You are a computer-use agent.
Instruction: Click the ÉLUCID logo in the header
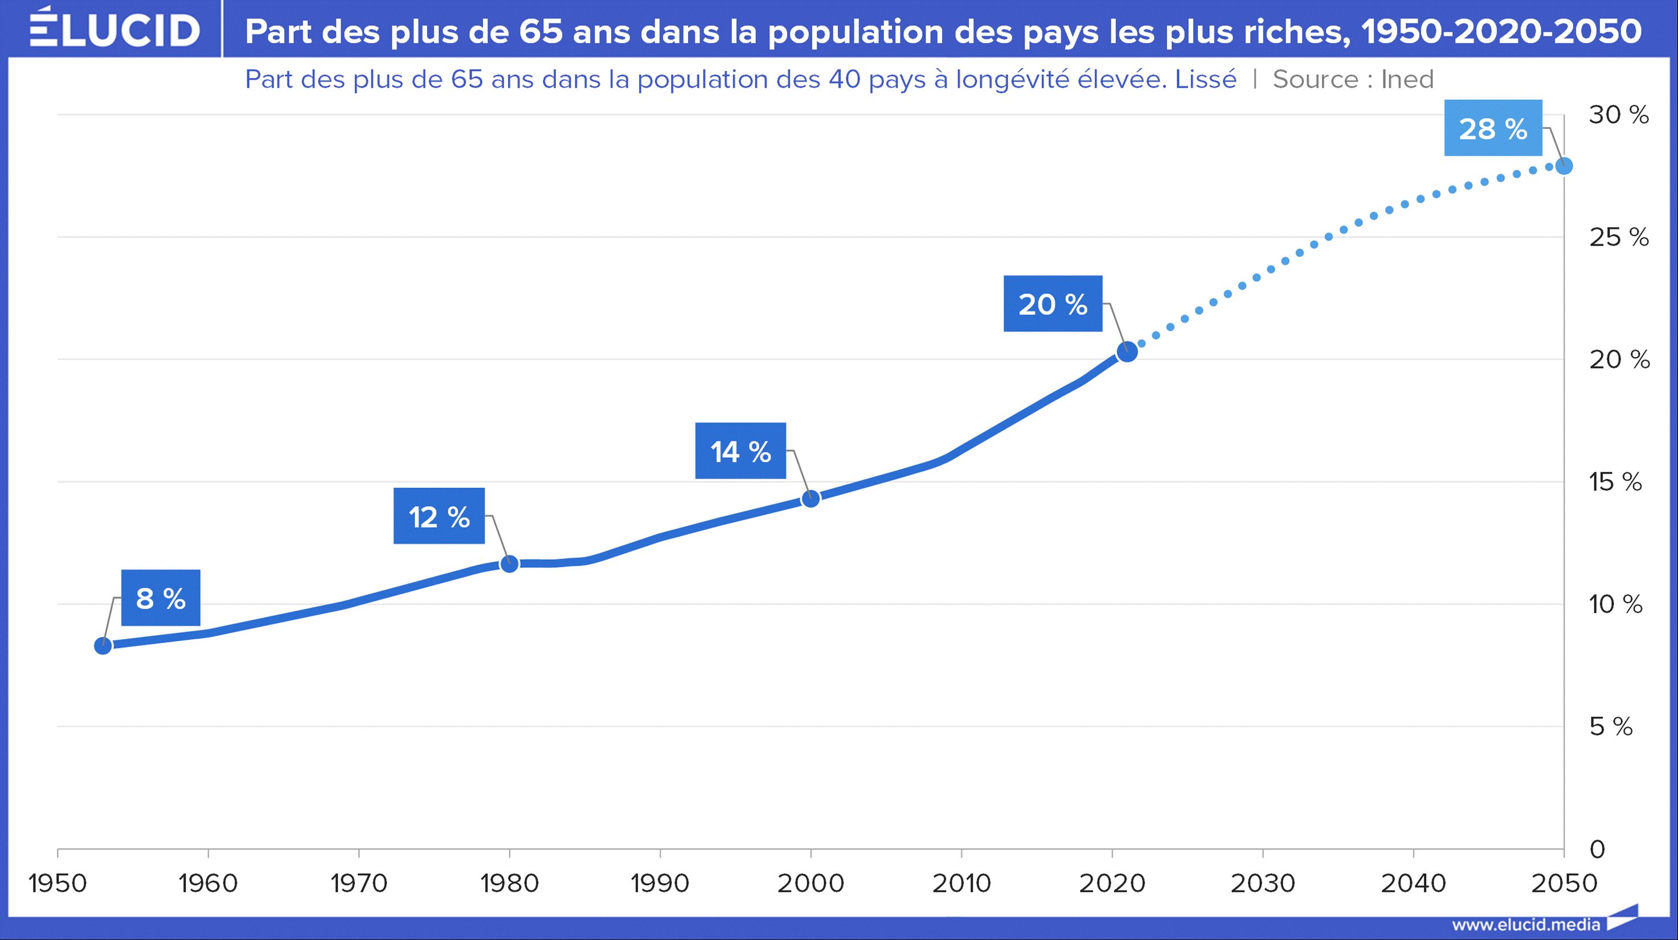click(x=114, y=28)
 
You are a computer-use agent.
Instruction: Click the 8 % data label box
click(x=161, y=598)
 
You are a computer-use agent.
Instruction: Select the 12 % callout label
click(x=439, y=517)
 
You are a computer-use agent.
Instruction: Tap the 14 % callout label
click(x=740, y=451)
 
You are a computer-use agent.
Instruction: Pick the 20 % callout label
click(x=1053, y=304)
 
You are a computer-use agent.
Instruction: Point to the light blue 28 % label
click(x=1493, y=128)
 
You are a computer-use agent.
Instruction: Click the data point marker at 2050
click(x=1564, y=166)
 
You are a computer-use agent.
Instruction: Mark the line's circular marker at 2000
click(x=811, y=499)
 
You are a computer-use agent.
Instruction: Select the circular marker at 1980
click(x=509, y=563)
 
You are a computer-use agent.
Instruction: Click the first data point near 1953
click(x=103, y=645)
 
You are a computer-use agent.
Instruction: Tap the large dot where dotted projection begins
click(x=1127, y=352)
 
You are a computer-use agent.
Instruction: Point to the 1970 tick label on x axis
click(x=359, y=884)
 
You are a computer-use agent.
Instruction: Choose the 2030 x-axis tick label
click(x=1262, y=884)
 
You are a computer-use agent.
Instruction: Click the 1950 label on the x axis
click(x=58, y=884)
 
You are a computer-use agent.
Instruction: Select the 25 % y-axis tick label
click(x=1619, y=237)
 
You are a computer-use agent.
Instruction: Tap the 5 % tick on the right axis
click(x=1611, y=726)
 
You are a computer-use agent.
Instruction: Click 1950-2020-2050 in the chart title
click(x=1501, y=31)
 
